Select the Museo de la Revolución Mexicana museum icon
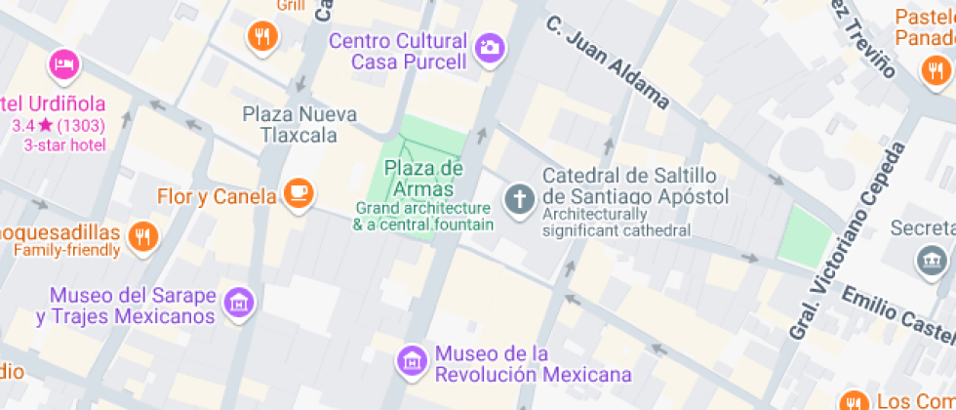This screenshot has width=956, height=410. click(413, 361)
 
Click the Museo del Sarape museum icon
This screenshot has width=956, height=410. click(238, 302)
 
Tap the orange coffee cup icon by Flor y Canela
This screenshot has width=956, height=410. click(299, 193)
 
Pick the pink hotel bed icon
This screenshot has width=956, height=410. click(63, 64)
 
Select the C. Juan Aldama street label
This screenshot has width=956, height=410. click(607, 61)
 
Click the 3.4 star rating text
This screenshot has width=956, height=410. click(60, 125)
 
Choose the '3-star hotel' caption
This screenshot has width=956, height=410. click(64, 144)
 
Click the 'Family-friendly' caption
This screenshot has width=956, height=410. click(66, 250)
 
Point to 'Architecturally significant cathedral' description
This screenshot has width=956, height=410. click(617, 223)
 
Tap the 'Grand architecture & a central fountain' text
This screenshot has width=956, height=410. click(423, 216)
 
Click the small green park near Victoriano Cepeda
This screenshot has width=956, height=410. click(809, 235)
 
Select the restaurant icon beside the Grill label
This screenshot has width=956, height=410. click(262, 37)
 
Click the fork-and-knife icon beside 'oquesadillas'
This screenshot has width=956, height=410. click(142, 235)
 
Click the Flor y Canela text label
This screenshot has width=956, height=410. click(217, 196)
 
